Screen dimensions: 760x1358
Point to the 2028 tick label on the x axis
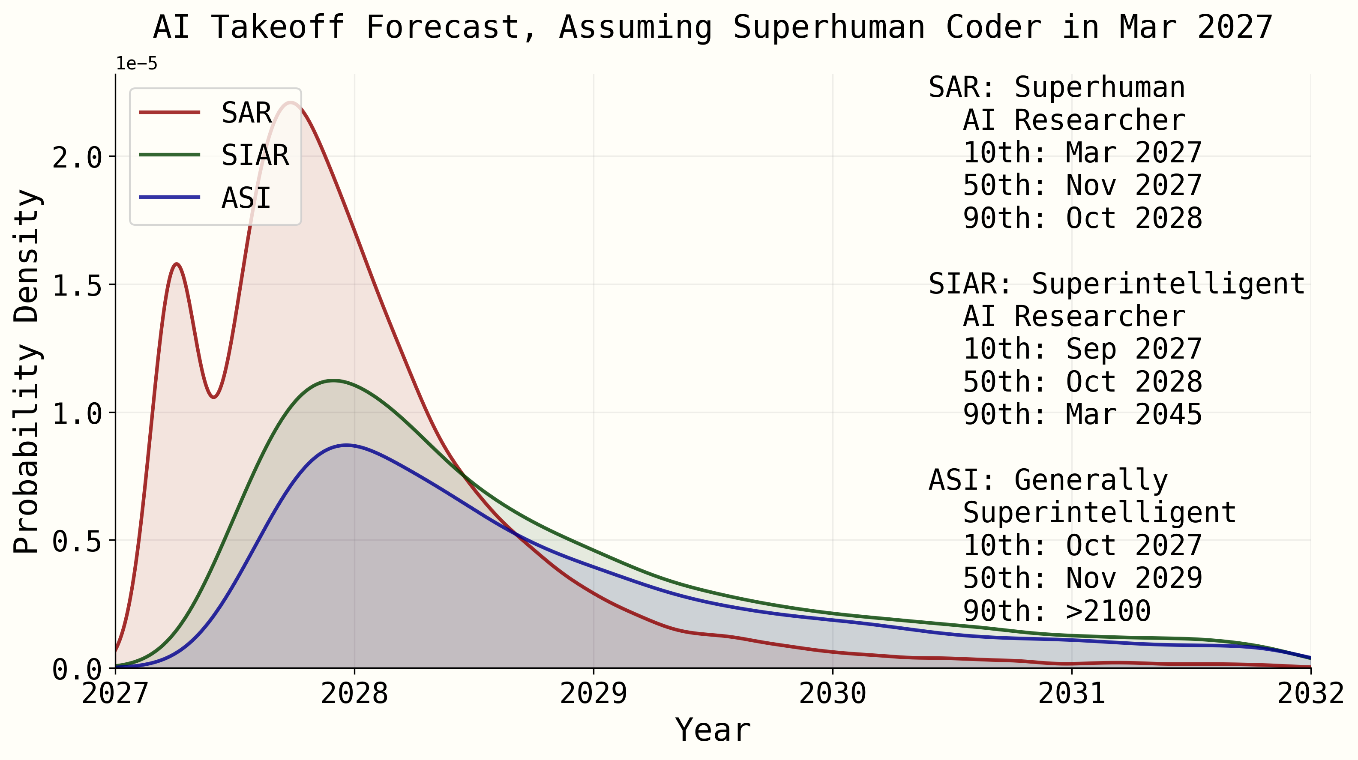click(x=354, y=694)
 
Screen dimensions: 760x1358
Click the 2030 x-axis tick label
click(x=832, y=694)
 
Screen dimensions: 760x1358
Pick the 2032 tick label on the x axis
click(x=1310, y=694)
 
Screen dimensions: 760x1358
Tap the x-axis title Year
click(x=713, y=730)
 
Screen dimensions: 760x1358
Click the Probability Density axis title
click(x=27, y=371)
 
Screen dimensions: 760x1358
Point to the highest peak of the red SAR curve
click(x=291, y=103)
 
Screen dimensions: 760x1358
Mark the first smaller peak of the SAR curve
click(x=177, y=264)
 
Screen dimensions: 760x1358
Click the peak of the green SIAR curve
click(x=333, y=380)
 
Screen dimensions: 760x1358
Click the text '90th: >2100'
click(x=1056, y=611)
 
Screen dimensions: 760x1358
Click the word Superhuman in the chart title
click(x=829, y=27)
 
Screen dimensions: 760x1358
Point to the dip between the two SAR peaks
click(x=213, y=397)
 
